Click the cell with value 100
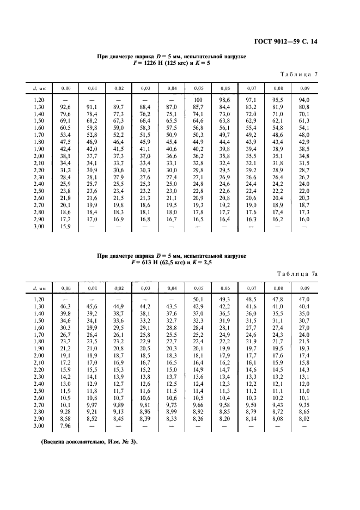(x=198, y=100)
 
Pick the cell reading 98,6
(x=225, y=100)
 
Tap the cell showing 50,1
(x=198, y=299)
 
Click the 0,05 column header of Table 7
(x=198, y=88)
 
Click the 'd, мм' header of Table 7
(x=39, y=88)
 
